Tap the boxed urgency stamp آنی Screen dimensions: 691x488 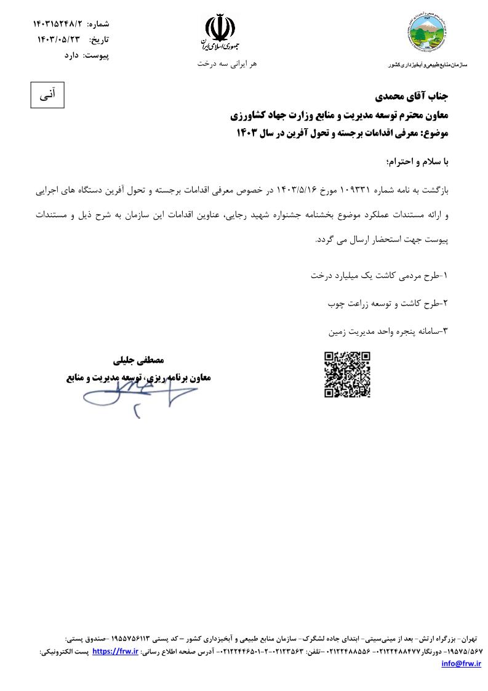click(x=48, y=95)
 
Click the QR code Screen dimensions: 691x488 click(x=347, y=374)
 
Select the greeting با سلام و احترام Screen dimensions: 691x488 click(x=417, y=162)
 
